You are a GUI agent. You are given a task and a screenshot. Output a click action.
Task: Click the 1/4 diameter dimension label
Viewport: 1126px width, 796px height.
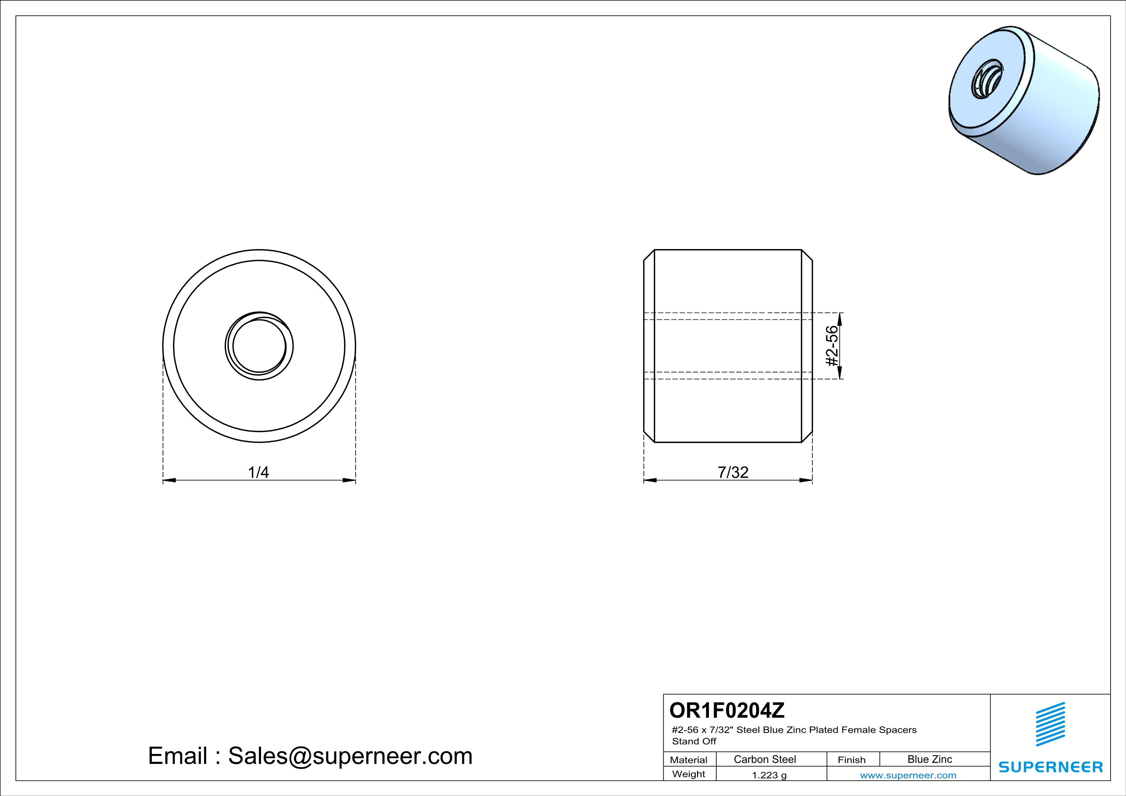258,472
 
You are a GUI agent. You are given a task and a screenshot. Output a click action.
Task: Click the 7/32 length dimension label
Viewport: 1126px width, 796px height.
733,472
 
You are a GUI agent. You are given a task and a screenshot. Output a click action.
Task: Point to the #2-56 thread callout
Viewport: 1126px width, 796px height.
832,346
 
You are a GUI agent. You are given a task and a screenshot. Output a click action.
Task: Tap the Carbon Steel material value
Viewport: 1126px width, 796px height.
764,759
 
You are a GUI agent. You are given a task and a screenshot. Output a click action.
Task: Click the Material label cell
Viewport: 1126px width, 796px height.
689,760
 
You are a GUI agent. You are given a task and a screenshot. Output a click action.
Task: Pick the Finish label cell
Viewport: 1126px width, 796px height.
851,760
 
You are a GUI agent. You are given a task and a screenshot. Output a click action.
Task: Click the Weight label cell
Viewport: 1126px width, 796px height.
689,774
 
